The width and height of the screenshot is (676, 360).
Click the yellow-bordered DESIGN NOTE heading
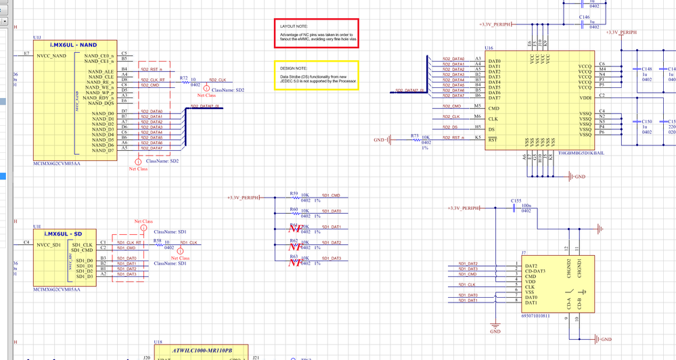coord(294,68)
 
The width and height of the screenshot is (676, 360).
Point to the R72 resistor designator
coord(183,78)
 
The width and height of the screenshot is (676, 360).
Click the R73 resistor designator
coord(415,136)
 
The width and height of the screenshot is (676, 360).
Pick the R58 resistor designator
coord(157,240)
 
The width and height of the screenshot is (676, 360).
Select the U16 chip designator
coord(489,49)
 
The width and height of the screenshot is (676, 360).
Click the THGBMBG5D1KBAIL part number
coord(581,154)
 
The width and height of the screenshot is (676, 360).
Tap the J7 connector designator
coord(522,252)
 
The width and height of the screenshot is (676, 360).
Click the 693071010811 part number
coord(536,315)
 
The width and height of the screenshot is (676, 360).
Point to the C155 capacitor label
coord(516,201)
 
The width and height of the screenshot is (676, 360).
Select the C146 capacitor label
coord(584,18)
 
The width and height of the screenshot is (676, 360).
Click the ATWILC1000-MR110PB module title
coord(202,350)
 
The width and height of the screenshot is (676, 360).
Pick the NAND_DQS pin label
coord(102,104)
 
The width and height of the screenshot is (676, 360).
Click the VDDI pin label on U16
coord(585,98)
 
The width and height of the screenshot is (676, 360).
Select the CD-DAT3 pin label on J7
coord(535,271)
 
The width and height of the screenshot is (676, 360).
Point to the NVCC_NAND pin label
coord(51,55)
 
